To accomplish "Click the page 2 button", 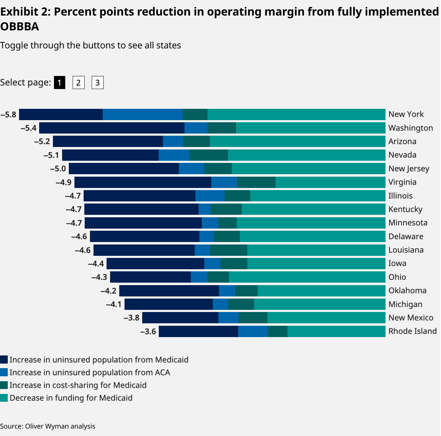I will tap(78, 83).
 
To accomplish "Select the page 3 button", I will tap(97, 83).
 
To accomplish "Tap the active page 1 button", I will tap(60, 83).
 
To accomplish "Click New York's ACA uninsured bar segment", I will tap(143, 114).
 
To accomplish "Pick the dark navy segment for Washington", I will tap(112, 128).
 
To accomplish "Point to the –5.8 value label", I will tap(8, 114).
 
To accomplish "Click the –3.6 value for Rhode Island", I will tap(148, 331).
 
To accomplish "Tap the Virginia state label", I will tap(402, 182).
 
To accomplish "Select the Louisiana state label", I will tap(406, 250).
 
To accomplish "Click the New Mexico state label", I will tap(411, 318).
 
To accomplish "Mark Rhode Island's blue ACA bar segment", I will tap(253, 331).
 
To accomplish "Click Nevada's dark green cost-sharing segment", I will tap(209, 155).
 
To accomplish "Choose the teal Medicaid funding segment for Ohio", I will tap(307, 277).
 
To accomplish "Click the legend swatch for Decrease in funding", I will tap(4, 398).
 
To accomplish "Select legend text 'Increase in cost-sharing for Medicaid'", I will tap(78, 385).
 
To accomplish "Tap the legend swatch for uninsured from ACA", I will tap(4, 372).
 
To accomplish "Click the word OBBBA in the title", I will tap(20, 26).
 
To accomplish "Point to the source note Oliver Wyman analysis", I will tap(48, 426).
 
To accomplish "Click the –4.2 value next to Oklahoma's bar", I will tap(108, 291).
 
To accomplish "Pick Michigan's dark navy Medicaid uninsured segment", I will tap(169, 304).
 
